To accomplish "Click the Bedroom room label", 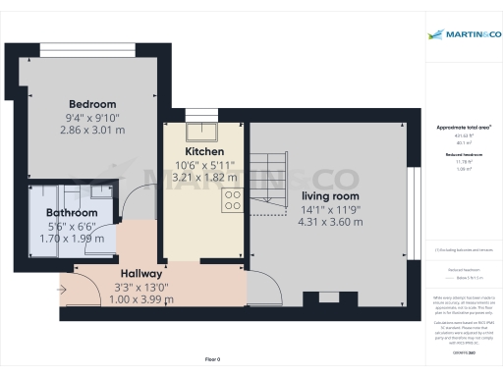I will tap(92, 104).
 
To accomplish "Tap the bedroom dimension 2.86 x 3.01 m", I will tap(92, 129).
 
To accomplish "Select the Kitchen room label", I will tap(205, 153).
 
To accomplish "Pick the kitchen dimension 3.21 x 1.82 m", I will tap(205, 178).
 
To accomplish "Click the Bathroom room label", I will tap(73, 213).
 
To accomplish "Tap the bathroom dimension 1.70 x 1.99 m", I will tap(73, 238).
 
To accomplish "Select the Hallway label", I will tap(142, 274).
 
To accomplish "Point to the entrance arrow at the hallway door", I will tap(64, 289).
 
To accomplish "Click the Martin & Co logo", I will tap(464, 35).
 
